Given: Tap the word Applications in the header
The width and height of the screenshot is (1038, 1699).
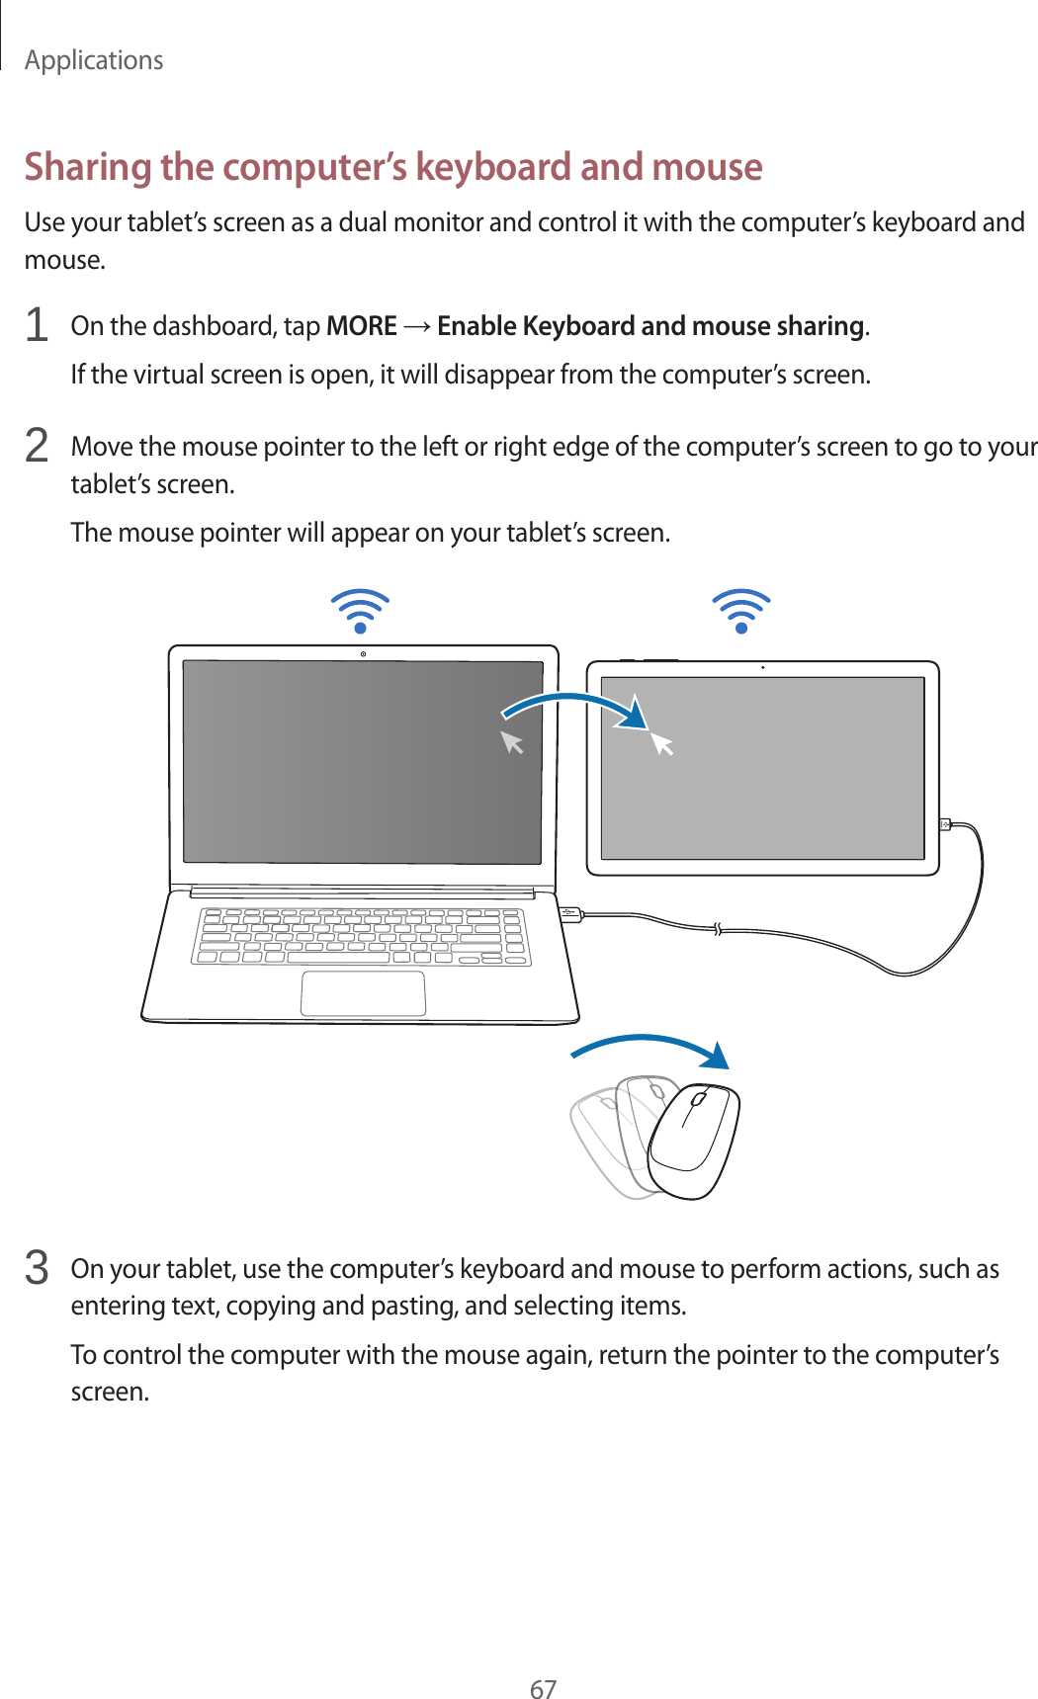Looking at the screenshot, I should (94, 60).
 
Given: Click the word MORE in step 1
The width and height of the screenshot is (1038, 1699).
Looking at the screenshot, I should (361, 326).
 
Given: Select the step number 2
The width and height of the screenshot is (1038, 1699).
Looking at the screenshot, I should (37, 446).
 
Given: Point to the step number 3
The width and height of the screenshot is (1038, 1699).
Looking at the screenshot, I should (37, 1268).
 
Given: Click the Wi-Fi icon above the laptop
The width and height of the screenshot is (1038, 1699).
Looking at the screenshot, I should (361, 611).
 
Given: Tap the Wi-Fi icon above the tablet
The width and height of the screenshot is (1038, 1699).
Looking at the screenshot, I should (741, 611).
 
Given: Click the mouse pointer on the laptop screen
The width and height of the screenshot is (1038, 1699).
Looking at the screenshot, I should (512, 741).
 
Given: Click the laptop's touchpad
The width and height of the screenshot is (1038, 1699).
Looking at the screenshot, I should (364, 993).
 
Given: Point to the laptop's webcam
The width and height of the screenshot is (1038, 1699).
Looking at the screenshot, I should (364, 654).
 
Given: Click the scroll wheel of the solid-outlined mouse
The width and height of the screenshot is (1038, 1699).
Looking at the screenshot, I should (698, 1099).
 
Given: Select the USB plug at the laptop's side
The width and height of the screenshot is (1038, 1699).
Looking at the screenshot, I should (570, 914).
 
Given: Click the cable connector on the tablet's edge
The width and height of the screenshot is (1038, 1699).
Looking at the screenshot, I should (945, 823).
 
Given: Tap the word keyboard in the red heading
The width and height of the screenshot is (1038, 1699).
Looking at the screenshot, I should (493, 166).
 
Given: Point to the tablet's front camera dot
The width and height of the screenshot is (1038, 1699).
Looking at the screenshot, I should (763, 668).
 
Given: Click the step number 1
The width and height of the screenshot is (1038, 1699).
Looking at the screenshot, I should (37, 325).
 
